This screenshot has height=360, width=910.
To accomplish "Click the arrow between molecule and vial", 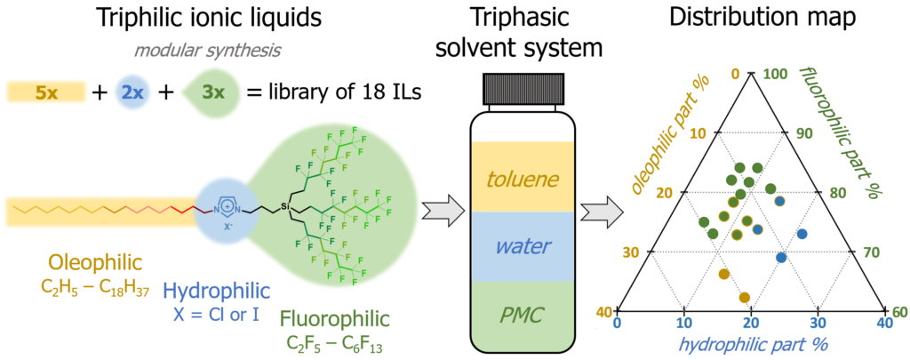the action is click(442, 207).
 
